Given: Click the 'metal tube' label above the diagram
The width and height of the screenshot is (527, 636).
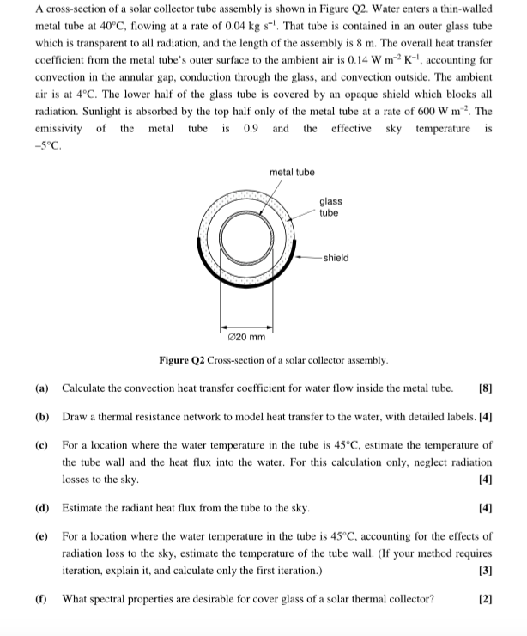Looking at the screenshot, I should [x=292, y=173].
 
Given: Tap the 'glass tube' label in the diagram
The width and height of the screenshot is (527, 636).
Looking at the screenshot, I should [x=329, y=207].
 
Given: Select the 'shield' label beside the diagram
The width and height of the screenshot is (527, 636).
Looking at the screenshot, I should [x=336, y=257].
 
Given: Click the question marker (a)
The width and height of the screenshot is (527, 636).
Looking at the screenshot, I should [x=42, y=388].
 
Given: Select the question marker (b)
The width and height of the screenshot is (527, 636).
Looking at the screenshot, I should [x=42, y=417].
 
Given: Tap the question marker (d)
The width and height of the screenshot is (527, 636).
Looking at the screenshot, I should [x=42, y=509].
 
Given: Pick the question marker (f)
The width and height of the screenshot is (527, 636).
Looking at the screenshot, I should [x=41, y=598].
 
